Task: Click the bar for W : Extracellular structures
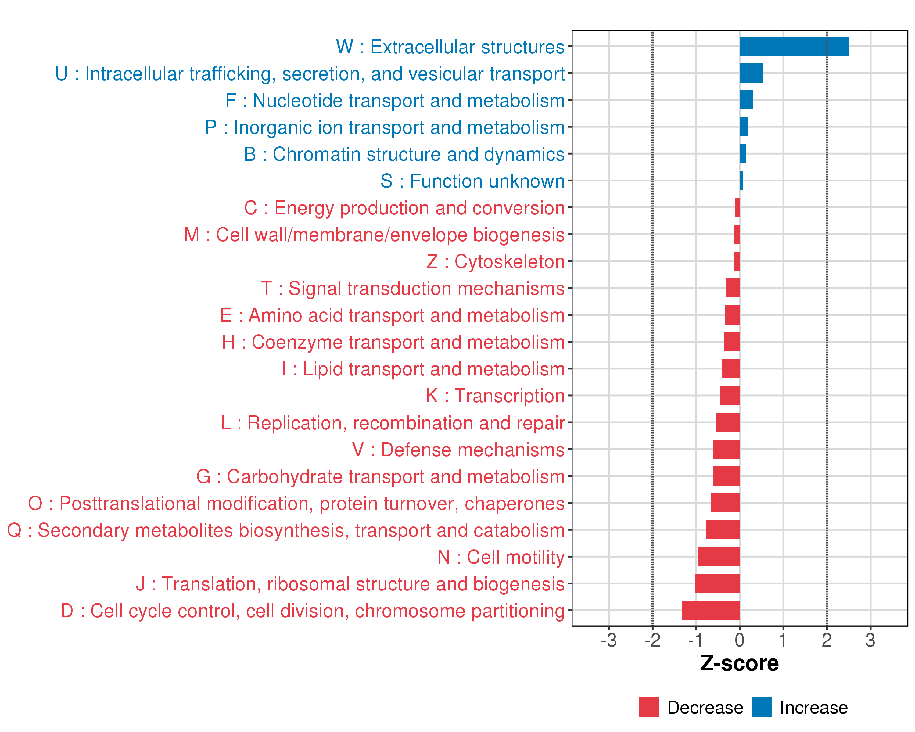(x=794, y=46)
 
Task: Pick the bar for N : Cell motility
(x=719, y=556)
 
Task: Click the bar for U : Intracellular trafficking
(x=751, y=73)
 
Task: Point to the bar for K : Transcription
(x=730, y=396)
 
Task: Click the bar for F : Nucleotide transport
(x=746, y=100)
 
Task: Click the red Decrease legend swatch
(x=648, y=707)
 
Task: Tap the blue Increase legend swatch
(x=761, y=707)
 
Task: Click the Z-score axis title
(x=739, y=663)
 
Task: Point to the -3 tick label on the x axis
(x=608, y=640)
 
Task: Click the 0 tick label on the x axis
(x=739, y=640)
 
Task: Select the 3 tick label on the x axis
(x=870, y=640)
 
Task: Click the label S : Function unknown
(x=472, y=181)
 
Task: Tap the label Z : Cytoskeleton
(x=495, y=262)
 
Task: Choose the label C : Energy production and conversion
(x=404, y=208)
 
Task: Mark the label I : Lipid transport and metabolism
(x=423, y=369)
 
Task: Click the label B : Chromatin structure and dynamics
(x=404, y=154)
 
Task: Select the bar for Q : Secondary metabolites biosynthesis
(x=723, y=529)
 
